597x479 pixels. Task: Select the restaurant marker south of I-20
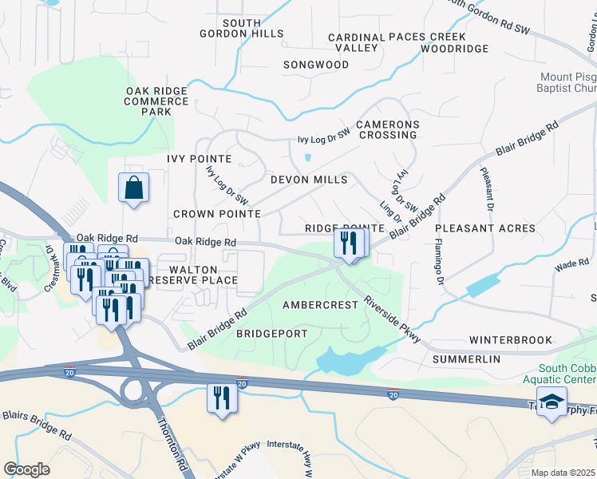click(x=222, y=398)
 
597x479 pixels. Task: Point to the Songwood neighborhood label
click(x=316, y=64)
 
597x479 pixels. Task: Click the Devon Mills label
click(x=309, y=180)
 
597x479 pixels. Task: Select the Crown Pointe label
click(x=217, y=214)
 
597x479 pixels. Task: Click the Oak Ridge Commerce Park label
click(x=156, y=101)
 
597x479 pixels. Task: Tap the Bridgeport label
click(x=271, y=334)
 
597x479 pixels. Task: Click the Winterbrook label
click(x=510, y=340)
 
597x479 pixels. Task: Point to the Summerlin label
click(x=466, y=359)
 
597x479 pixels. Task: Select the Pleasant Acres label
click(x=484, y=228)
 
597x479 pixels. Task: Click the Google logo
click(x=27, y=469)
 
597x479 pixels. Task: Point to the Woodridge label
click(x=454, y=49)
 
